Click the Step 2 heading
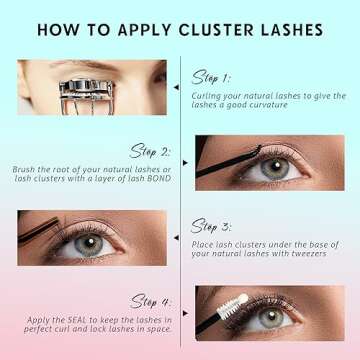click(x=151, y=152)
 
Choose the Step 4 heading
click(x=151, y=301)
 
